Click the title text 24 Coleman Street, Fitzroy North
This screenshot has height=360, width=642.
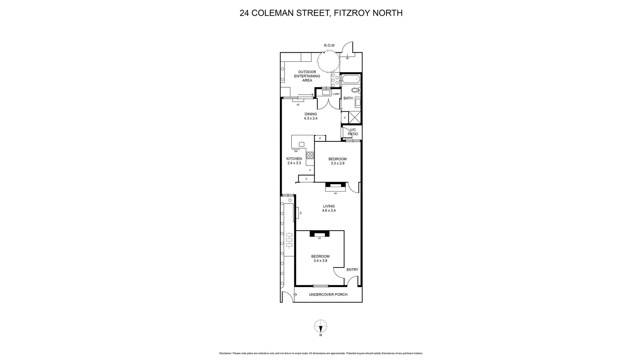[x=321, y=13]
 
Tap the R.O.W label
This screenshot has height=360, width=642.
[x=329, y=45]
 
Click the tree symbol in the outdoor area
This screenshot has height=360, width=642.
[x=328, y=61]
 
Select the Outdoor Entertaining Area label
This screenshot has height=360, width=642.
[x=307, y=76]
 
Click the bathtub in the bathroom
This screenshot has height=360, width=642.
[x=351, y=80]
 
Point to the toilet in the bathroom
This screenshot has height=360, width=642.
[x=355, y=90]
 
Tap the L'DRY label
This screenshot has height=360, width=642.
[x=336, y=94]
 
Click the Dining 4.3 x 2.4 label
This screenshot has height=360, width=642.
[x=311, y=116]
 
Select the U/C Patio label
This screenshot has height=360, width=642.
[x=353, y=132]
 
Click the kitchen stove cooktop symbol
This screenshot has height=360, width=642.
[x=310, y=155]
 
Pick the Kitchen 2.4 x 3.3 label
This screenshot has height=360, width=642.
[x=294, y=161]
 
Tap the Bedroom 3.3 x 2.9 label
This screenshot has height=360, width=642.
[x=337, y=161]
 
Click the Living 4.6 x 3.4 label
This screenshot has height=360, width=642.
[x=329, y=209]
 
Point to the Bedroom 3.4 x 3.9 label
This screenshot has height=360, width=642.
[x=320, y=259]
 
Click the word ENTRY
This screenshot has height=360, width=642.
[x=352, y=270]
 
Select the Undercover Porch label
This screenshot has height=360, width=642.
[x=328, y=294]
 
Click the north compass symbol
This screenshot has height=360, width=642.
[x=321, y=326]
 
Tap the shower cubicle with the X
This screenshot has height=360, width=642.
[x=355, y=117]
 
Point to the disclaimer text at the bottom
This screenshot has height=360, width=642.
[x=321, y=353]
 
